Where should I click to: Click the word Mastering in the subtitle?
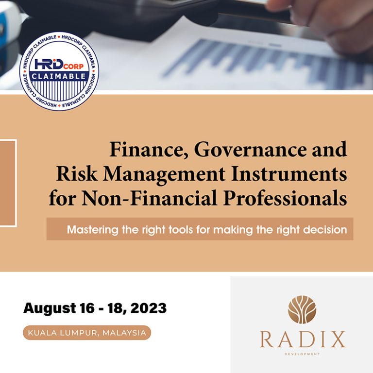(x=93, y=229)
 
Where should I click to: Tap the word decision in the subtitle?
(x=325, y=229)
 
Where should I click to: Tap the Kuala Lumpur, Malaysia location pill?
(x=87, y=333)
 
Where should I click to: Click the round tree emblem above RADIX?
(x=302, y=309)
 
